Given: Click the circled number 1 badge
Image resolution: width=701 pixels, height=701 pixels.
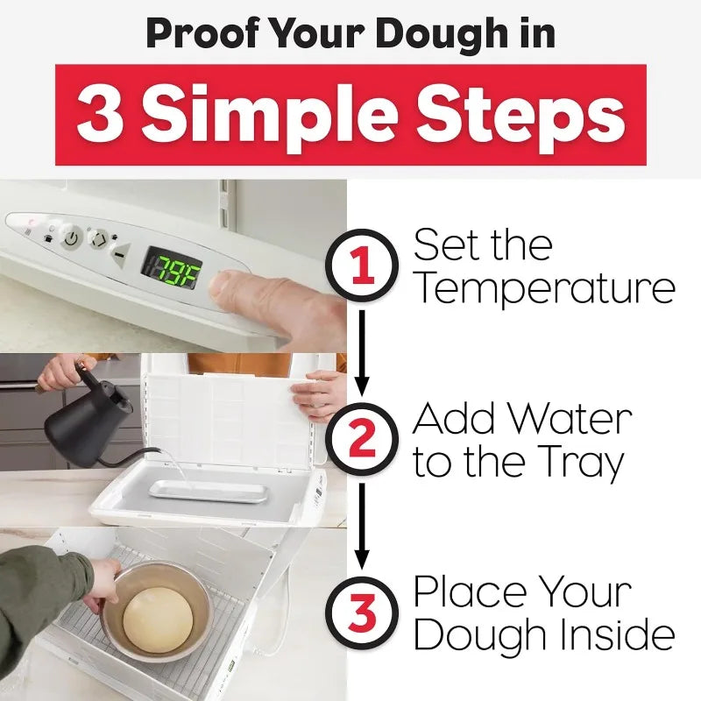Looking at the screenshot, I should pyautogui.click(x=362, y=265).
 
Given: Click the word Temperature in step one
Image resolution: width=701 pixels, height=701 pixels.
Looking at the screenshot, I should pyautogui.click(x=543, y=288).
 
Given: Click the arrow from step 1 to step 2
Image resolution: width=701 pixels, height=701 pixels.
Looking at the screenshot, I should pyautogui.click(x=362, y=350).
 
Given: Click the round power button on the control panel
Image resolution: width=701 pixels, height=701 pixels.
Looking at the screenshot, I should pyautogui.click(x=71, y=237).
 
